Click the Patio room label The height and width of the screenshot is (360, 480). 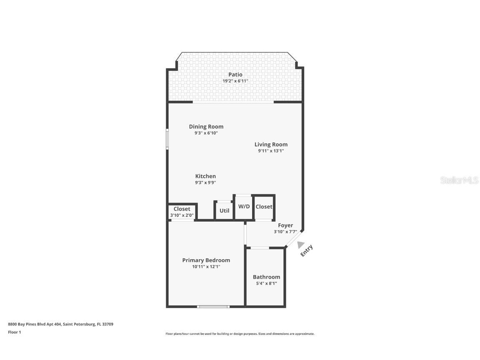(x=235, y=75)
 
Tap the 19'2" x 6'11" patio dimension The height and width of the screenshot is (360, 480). (x=235, y=81)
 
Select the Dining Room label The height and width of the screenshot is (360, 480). (x=206, y=127)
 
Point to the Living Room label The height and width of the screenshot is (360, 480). (x=271, y=145)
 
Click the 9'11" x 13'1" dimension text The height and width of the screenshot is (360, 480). (x=271, y=151)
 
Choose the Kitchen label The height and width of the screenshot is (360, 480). (x=205, y=176)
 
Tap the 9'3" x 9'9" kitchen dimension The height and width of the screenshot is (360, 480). (x=205, y=182)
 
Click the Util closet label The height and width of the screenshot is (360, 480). (x=224, y=211)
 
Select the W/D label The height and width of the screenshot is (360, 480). (x=244, y=206)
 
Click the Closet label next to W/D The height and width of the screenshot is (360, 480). (x=264, y=207)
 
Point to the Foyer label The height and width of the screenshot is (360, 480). (x=285, y=225)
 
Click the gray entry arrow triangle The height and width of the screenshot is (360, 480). (x=300, y=245)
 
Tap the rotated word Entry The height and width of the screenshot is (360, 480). (x=307, y=251)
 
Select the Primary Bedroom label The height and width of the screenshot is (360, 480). (x=206, y=260)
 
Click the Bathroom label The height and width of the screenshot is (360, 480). (x=266, y=277)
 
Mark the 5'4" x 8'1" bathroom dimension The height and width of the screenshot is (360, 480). (x=266, y=283)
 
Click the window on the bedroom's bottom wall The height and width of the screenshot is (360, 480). (x=213, y=307)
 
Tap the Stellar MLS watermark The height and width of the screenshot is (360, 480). (x=460, y=180)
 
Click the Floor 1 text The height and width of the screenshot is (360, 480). (x=14, y=332)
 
